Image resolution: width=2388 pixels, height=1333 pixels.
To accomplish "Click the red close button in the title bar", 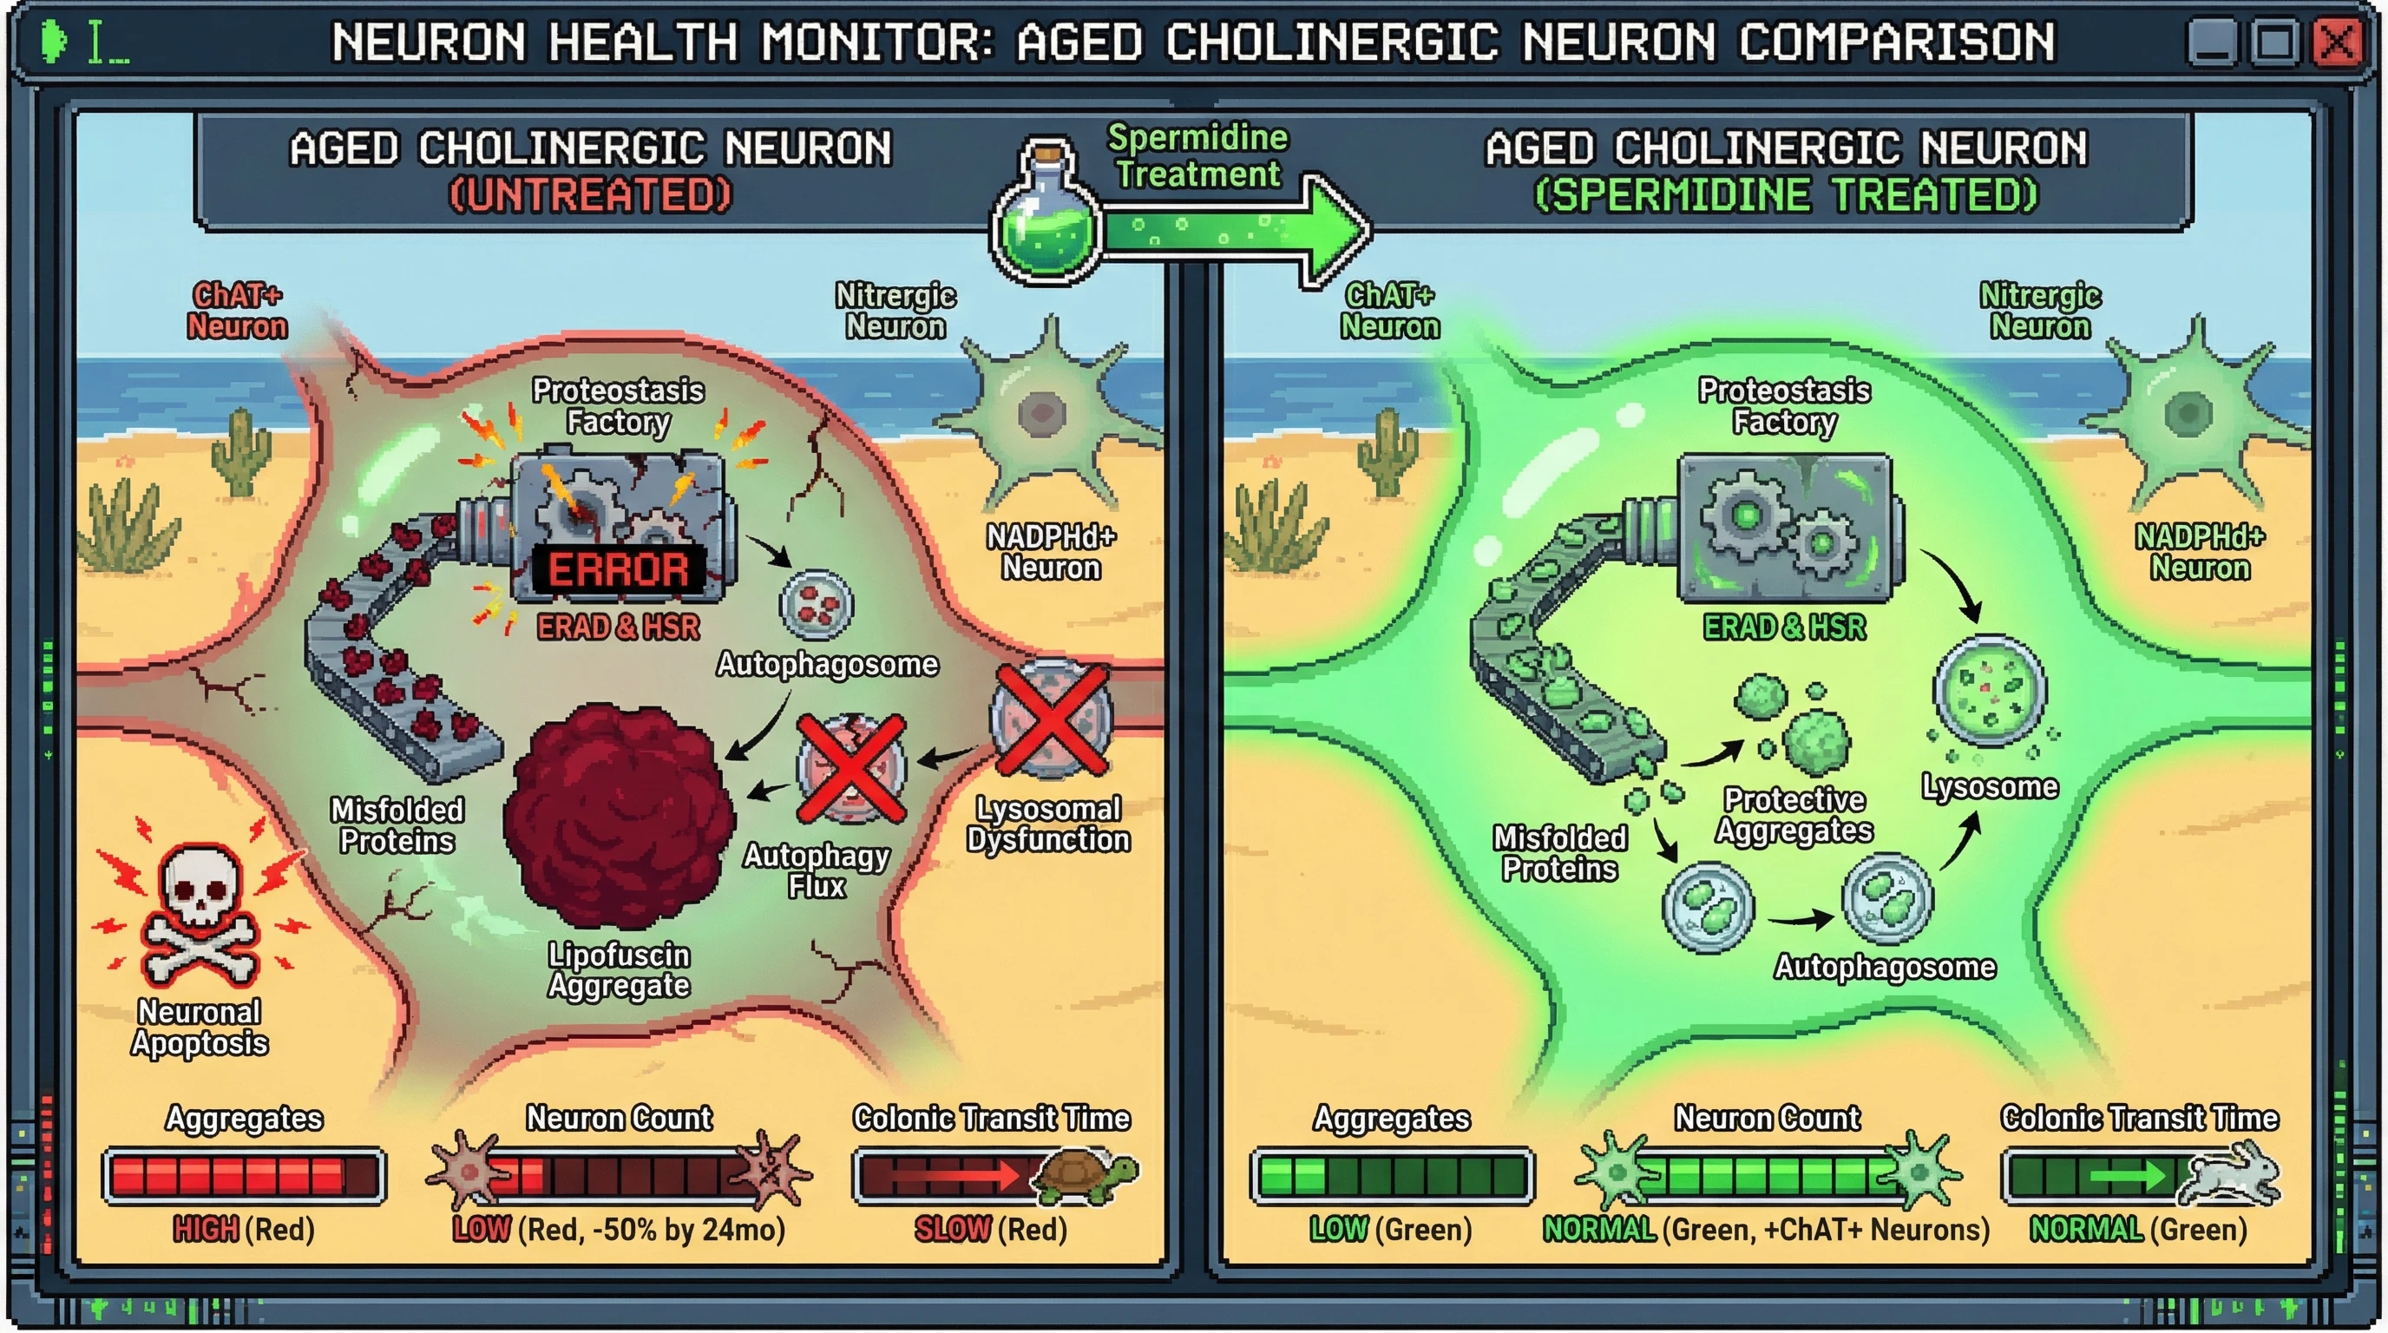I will tap(2338, 43).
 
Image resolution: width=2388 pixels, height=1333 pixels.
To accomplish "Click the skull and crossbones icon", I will tap(200, 913).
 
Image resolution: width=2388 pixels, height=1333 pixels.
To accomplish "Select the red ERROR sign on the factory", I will tap(619, 569).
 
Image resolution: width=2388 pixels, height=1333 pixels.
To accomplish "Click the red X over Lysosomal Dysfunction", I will tap(1051, 719).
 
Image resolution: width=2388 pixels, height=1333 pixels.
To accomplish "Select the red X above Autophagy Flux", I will tap(851, 767).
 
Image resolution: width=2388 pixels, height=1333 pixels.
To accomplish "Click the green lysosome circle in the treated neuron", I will tap(1990, 692).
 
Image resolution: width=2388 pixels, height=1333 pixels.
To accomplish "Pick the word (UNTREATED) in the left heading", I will tap(591, 195).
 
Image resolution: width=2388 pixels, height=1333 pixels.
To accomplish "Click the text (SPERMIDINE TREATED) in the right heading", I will tap(1786, 195).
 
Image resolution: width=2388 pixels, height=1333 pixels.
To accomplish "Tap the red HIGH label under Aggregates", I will tap(206, 1229).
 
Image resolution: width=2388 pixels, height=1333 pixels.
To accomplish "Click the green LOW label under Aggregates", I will tap(1339, 1229).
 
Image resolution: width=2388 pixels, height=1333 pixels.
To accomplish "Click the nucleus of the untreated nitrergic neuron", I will tap(1043, 412).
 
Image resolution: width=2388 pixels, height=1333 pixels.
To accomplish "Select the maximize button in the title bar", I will tap(2274, 43).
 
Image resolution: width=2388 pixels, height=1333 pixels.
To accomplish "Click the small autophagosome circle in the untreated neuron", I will tap(816, 604).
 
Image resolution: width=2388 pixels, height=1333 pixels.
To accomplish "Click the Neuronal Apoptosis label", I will tap(200, 1028).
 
